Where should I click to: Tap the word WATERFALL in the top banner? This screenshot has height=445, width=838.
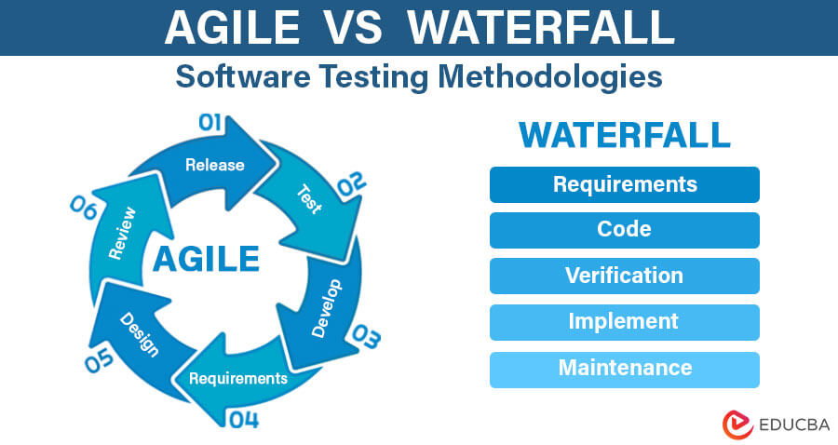point(542,28)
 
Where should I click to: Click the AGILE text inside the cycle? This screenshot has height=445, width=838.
point(206,258)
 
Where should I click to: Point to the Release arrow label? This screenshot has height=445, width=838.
point(214,165)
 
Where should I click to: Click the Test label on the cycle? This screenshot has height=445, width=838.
point(308,198)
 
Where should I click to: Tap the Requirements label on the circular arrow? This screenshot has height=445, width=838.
point(238,378)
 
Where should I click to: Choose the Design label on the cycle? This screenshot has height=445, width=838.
point(140,335)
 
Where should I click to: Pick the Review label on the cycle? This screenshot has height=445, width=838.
point(122,232)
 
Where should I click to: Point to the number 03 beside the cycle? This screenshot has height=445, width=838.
point(364,338)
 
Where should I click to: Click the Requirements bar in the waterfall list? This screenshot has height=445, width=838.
point(625,184)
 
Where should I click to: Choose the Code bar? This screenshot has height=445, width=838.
point(625,230)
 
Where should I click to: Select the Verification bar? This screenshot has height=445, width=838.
point(625,276)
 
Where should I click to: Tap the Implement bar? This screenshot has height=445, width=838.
point(625,322)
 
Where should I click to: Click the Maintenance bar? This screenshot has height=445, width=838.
point(625,369)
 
